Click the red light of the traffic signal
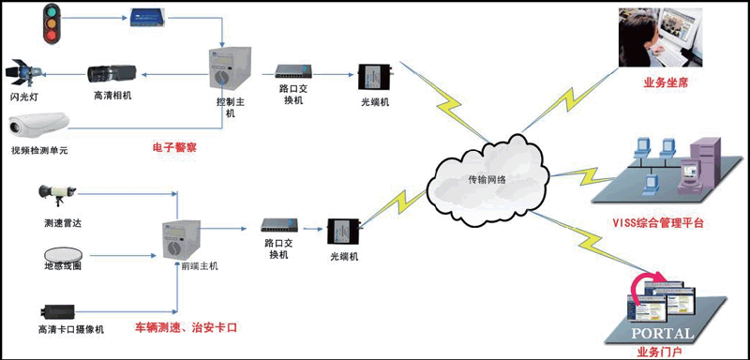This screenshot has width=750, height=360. click(x=52, y=36)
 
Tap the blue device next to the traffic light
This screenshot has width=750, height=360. click(x=149, y=19)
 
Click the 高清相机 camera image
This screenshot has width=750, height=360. click(x=112, y=73)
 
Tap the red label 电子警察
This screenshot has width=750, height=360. click(x=174, y=148)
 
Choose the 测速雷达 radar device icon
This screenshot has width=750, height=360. click(x=57, y=195)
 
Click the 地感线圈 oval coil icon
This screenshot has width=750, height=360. click(x=63, y=254)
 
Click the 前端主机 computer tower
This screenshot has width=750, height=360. click(x=180, y=239)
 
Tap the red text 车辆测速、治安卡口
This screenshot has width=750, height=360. click(x=186, y=328)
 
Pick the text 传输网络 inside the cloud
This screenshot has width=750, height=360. click(x=487, y=181)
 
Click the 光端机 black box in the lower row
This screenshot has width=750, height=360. click(x=343, y=232)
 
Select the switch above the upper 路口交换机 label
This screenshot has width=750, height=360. click(x=293, y=71)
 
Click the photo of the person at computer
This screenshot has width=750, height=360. click(x=661, y=37)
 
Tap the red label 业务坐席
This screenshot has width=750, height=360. click(x=659, y=82)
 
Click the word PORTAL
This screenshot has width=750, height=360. click(x=662, y=333)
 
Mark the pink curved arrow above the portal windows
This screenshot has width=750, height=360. click(x=643, y=286)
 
